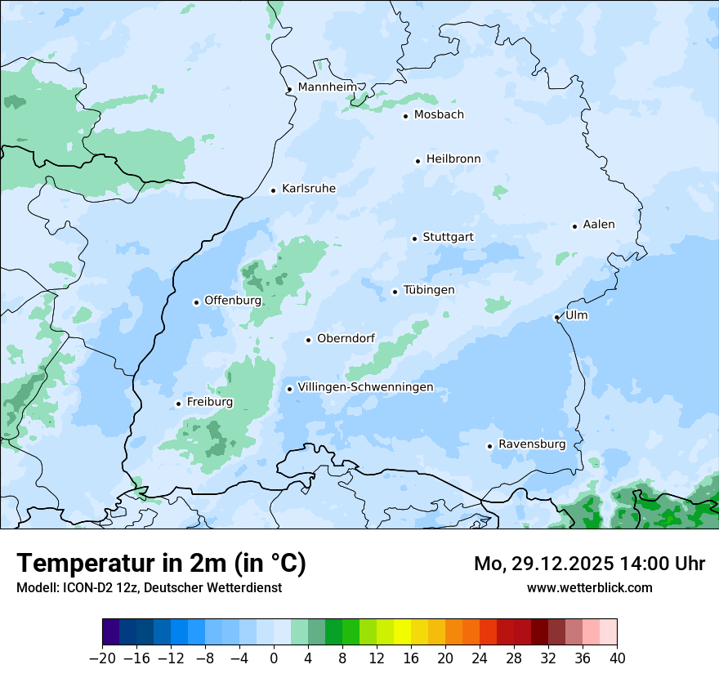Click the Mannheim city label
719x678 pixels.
coord(328,87)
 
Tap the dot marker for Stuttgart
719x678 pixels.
coord(414,239)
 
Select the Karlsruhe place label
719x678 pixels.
coord(309,189)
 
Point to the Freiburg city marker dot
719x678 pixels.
coord(178,404)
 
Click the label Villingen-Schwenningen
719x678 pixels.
coord(365,387)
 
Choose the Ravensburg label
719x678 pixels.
coord(532,444)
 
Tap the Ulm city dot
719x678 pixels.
coord(556,317)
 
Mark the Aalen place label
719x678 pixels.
coord(599,225)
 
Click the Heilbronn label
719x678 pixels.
coord(453,158)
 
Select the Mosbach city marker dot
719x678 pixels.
coord(405,116)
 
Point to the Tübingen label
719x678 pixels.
coord(429,290)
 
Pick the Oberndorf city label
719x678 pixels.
coord(346,338)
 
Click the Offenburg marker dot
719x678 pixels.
coord(196,302)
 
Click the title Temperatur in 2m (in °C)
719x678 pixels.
coord(162,564)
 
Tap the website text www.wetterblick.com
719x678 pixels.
coord(590,587)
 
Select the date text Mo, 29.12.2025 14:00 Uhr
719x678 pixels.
coord(590,564)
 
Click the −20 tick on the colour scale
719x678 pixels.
coord(103,658)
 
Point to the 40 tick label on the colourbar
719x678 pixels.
coord(617,658)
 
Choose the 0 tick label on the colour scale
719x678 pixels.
coord(274,658)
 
